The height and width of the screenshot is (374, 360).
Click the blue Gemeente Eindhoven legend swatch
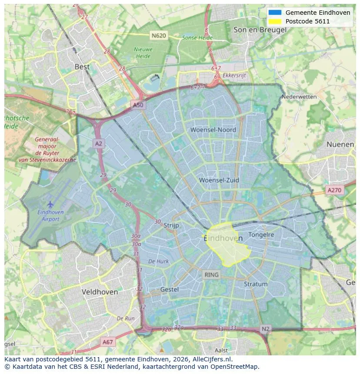click(x=275, y=13)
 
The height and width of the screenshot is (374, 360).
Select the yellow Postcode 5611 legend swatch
click(x=275, y=21)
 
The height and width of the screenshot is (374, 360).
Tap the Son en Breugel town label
click(x=260, y=30)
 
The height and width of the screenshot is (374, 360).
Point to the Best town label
click(x=82, y=67)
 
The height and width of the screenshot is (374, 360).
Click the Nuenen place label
click(x=340, y=144)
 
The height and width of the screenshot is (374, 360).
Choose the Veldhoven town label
click(x=100, y=292)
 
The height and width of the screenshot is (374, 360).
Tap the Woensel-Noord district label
click(x=213, y=130)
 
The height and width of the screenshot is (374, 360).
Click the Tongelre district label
click(x=261, y=235)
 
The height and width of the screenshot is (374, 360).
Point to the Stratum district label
click(x=256, y=284)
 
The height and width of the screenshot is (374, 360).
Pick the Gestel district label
click(x=170, y=289)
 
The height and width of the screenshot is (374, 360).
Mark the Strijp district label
click(x=172, y=225)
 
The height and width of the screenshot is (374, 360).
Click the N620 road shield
click(x=159, y=35)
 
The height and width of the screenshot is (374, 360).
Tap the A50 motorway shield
click(x=138, y=105)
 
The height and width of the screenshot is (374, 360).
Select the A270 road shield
click(x=334, y=190)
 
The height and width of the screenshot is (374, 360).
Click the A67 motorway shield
click(x=107, y=342)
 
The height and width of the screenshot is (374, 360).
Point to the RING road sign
click(x=212, y=275)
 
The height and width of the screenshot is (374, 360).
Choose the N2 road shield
click(x=266, y=329)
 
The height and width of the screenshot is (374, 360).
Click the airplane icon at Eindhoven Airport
click(x=50, y=204)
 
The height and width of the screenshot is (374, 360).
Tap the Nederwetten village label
click(x=299, y=97)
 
